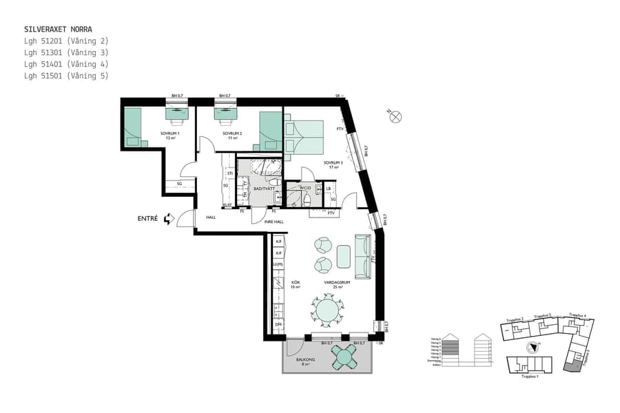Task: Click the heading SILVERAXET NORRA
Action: point(58,30)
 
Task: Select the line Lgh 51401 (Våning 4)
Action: point(65,64)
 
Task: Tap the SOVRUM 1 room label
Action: point(169,134)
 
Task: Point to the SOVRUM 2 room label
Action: point(231,134)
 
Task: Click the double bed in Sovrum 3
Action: point(304,136)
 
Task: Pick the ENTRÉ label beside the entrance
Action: point(147,219)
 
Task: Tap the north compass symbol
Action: point(396,116)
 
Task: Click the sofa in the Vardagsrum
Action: point(362,256)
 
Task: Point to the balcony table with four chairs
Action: point(343,357)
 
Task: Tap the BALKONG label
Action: point(305,359)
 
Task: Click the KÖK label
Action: point(295,282)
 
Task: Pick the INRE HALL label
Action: point(273,222)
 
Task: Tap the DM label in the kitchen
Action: point(279,325)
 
